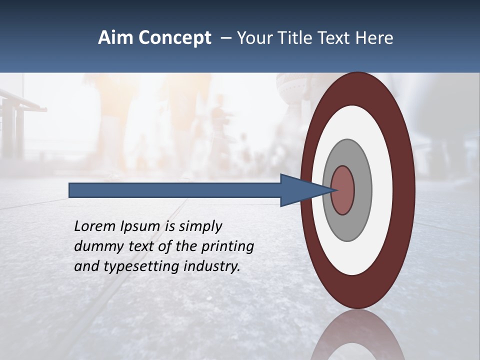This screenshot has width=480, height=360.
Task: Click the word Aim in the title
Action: (116, 38)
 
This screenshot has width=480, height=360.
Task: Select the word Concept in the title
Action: (175, 38)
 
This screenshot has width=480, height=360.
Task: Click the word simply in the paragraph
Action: (199, 226)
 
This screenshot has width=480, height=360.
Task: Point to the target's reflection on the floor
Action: (358, 337)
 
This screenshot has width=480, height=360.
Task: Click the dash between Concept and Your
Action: (225, 38)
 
